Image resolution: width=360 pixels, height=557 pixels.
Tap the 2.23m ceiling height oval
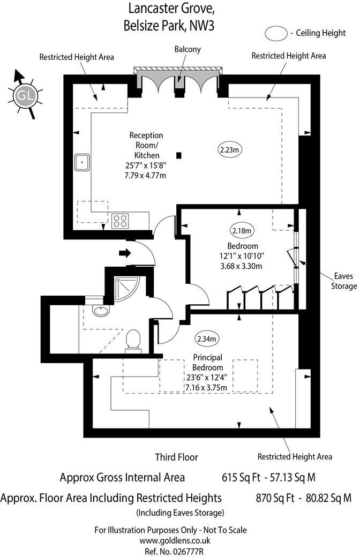230,150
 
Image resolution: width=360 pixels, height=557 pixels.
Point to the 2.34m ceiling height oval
206,338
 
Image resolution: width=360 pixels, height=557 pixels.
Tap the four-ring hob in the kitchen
120,221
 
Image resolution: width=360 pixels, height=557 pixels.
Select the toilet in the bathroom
132,341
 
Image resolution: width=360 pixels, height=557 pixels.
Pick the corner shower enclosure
125,289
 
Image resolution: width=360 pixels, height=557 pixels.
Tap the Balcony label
187,49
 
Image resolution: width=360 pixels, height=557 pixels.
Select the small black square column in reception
179,155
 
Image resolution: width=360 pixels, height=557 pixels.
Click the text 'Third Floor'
176,457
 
